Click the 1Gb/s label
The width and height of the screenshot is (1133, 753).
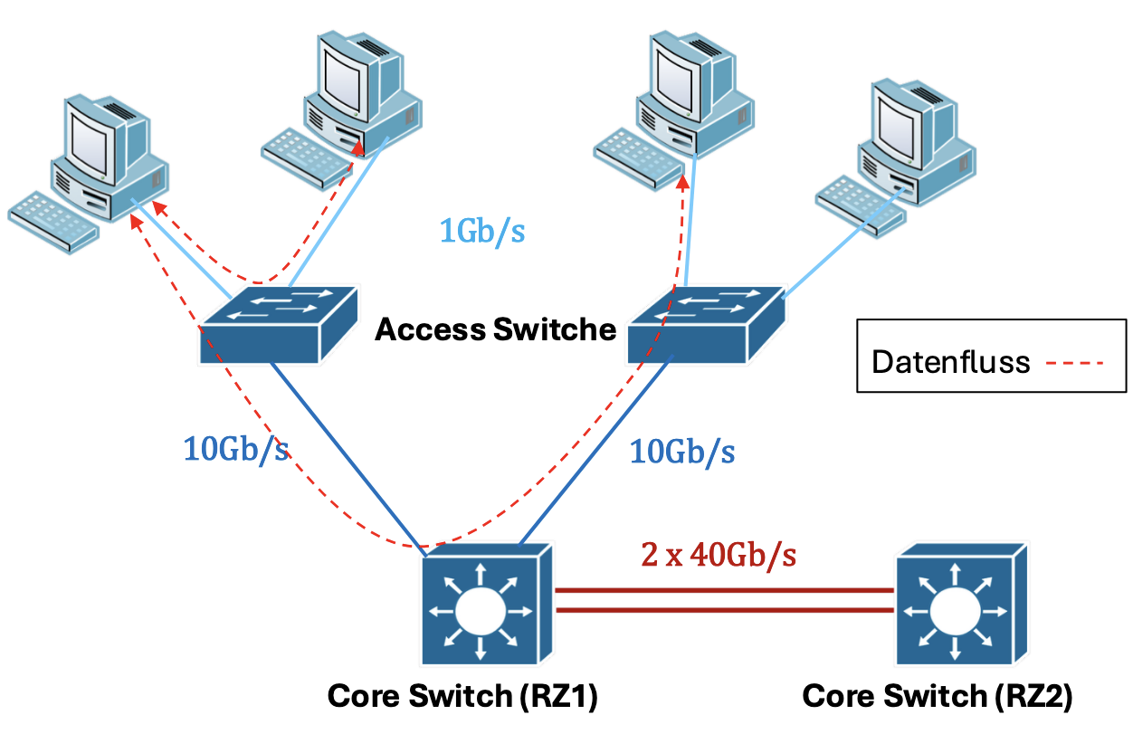[x=481, y=232]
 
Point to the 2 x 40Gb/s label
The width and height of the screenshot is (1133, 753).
[x=719, y=553]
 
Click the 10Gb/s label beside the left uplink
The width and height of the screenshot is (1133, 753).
[x=237, y=448]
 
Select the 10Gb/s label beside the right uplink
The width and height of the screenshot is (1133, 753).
[x=682, y=449]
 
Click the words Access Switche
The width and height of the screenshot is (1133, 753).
[x=495, y=329]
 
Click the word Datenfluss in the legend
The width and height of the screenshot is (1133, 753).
[x=950, y=363]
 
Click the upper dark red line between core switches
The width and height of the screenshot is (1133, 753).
[x=724, y=590]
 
